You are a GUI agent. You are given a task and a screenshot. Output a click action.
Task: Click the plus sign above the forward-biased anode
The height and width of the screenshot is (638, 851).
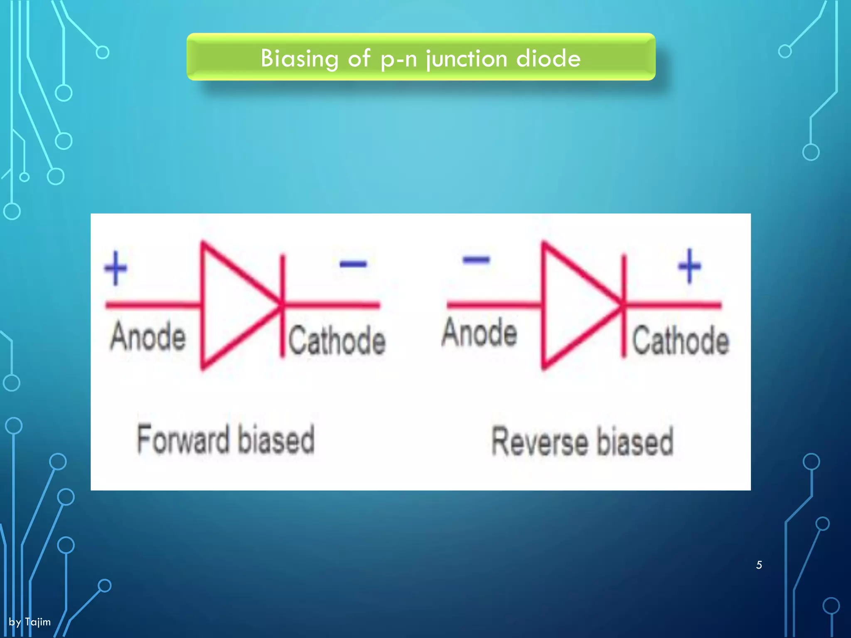click(116, 268)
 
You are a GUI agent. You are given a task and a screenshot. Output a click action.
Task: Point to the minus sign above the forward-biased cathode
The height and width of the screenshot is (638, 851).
click(353, 263)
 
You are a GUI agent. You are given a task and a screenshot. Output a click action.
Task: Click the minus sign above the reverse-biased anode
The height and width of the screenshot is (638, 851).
click(476, 260)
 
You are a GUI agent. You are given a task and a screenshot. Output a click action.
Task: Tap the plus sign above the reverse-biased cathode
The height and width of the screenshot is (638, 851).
click(689, 266)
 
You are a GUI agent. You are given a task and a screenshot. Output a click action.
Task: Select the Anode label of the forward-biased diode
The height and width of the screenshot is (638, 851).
click(148, 336)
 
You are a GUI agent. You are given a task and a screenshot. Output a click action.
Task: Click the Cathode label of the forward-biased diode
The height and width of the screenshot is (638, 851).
click(337, 341)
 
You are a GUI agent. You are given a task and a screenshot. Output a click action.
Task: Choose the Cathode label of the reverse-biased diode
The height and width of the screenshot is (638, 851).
click(681, 341)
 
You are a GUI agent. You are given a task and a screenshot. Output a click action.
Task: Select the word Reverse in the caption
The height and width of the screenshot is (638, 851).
click(540, 442)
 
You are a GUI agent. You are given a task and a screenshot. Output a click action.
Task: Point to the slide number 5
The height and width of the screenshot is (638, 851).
click(759, 565)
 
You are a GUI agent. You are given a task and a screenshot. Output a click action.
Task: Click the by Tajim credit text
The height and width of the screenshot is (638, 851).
click(30, 622)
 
